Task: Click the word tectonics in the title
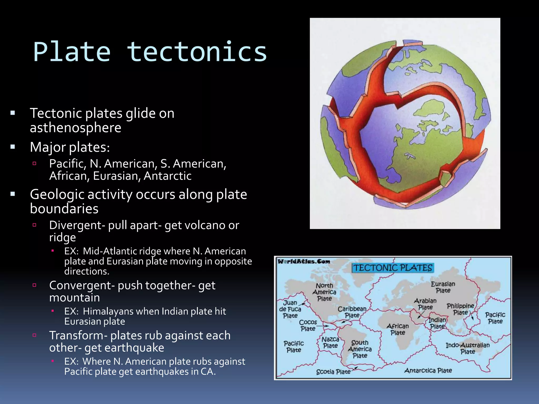pos(197,52)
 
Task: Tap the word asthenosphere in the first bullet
pos(76,128)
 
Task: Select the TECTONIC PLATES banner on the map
pos(393,268)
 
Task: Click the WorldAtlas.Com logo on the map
pos(304,261)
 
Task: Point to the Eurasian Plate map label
pos(443,287)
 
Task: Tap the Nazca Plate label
pos(330,342)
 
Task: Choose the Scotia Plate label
pos(333,372)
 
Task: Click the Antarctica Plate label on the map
pos(428,371)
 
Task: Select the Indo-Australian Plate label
pos(467,348)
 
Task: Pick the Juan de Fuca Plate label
pos(290,309)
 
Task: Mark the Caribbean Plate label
pos(352,312)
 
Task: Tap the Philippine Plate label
pos(460,309)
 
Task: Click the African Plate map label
pos(398,329)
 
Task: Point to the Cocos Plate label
pos(308,325)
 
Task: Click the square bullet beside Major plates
pos(13,147)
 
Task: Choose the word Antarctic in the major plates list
pos(167,176)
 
